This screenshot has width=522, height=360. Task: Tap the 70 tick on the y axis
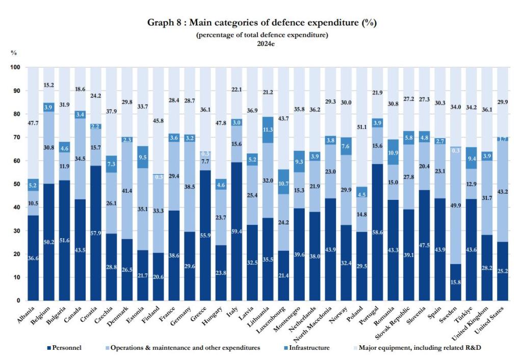(16, 137)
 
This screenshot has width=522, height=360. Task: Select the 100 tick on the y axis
(15, 67)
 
